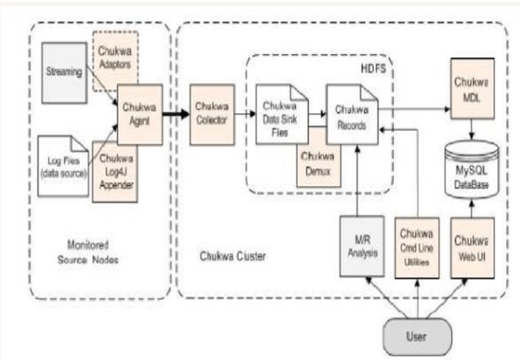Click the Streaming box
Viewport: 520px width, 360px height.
[x=62, y=71]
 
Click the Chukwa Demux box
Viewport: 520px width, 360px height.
[x=319, y=169]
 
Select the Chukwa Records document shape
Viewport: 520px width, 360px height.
[x=350, y=120]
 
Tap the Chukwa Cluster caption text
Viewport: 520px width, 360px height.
[x=231, y=255]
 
